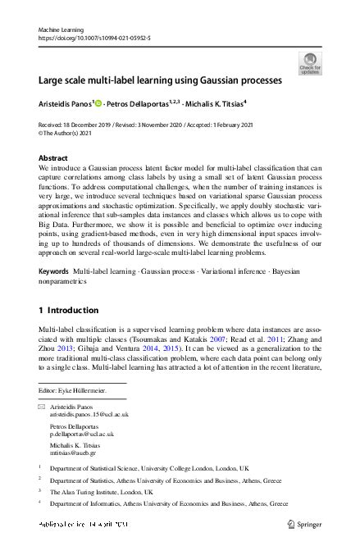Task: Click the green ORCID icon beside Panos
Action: [99, 104]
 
